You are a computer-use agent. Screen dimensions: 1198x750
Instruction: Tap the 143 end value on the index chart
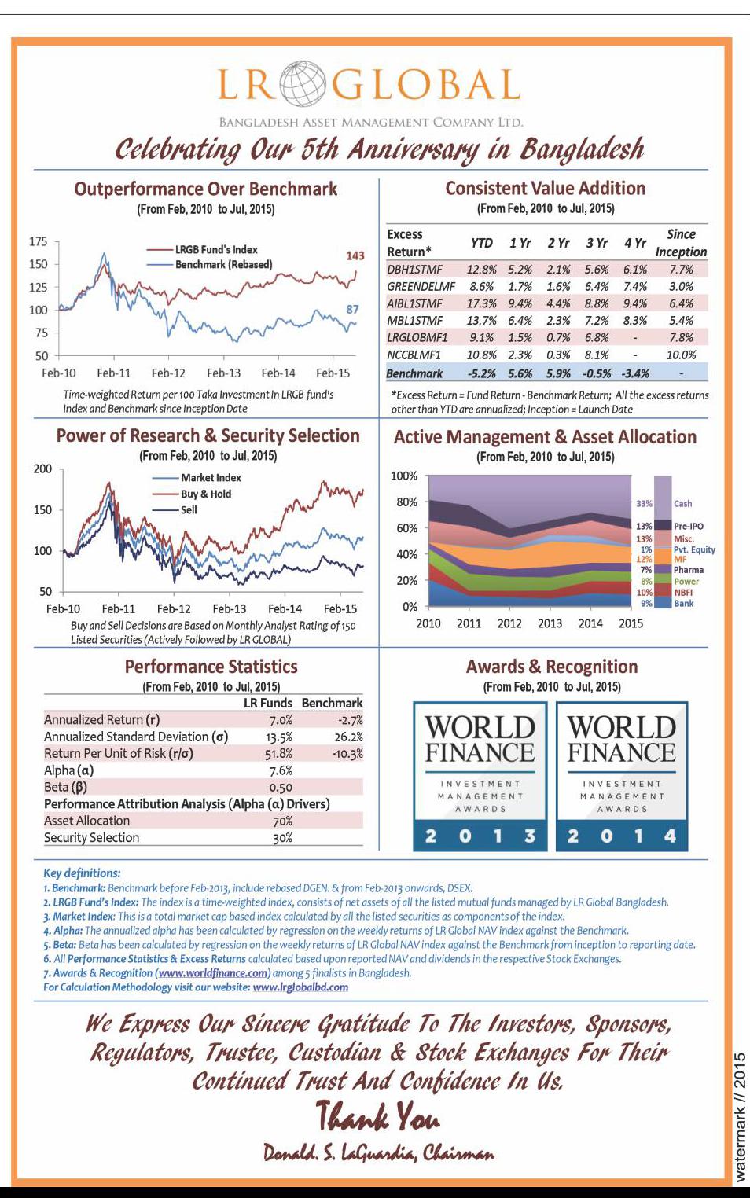[355, 255]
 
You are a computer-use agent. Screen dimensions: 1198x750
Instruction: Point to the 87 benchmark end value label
[353, 309]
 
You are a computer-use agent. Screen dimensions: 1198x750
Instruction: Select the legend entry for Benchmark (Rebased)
[223, 265]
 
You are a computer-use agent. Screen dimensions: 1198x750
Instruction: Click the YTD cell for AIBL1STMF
[481, 303]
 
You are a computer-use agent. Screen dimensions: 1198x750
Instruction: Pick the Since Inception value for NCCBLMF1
[681, 355]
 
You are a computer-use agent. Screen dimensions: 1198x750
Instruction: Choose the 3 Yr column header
[597, 244]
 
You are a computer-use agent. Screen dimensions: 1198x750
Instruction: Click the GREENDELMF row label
[421, 287]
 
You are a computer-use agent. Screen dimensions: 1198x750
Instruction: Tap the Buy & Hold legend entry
[205, 494]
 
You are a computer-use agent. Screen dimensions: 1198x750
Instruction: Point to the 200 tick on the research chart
[42, 469]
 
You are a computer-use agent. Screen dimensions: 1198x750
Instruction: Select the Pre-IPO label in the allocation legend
[688, 526]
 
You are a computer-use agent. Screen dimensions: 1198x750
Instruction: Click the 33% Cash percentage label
[644, 503]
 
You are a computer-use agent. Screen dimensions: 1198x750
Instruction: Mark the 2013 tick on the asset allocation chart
[550, 623]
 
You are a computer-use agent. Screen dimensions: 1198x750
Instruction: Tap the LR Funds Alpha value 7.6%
[281, 770]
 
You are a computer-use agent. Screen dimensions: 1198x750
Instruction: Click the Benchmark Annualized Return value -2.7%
[350, 720]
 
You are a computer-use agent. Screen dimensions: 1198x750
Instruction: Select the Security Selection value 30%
[282, 838]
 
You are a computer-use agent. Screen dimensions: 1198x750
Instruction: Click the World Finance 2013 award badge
[479, 777]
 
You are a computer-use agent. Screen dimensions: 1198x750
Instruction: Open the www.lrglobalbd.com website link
[300, 987]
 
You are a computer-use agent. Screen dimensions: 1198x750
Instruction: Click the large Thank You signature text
[377, 1116]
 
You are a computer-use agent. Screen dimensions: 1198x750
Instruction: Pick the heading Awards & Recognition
[551, 667]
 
